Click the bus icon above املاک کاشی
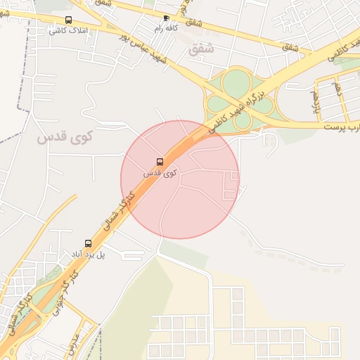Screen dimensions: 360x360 [68, 20]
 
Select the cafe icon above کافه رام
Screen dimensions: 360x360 [166, 18]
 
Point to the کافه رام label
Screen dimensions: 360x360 [167, 29]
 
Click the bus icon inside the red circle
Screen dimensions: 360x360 [160, 162]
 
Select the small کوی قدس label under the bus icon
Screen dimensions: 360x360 [160, 172]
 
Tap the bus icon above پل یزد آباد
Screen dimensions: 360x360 [88, 243]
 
